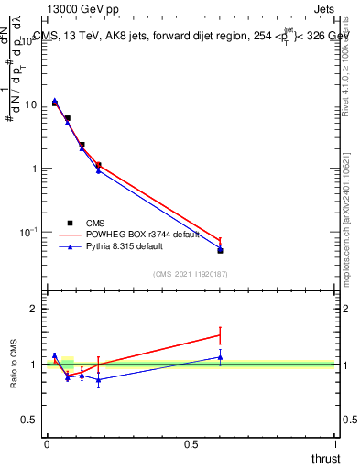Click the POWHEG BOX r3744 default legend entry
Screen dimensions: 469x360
coord(128,234)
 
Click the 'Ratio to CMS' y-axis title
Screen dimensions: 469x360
coord(16,364)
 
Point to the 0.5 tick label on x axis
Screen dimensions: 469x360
coord(191,444)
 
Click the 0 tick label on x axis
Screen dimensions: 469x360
coord(47,444)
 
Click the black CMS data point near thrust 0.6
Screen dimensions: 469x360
coord(220,250)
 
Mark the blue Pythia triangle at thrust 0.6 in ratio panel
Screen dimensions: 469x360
coord(220,357)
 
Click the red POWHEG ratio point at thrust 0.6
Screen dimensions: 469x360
coord(220,335)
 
